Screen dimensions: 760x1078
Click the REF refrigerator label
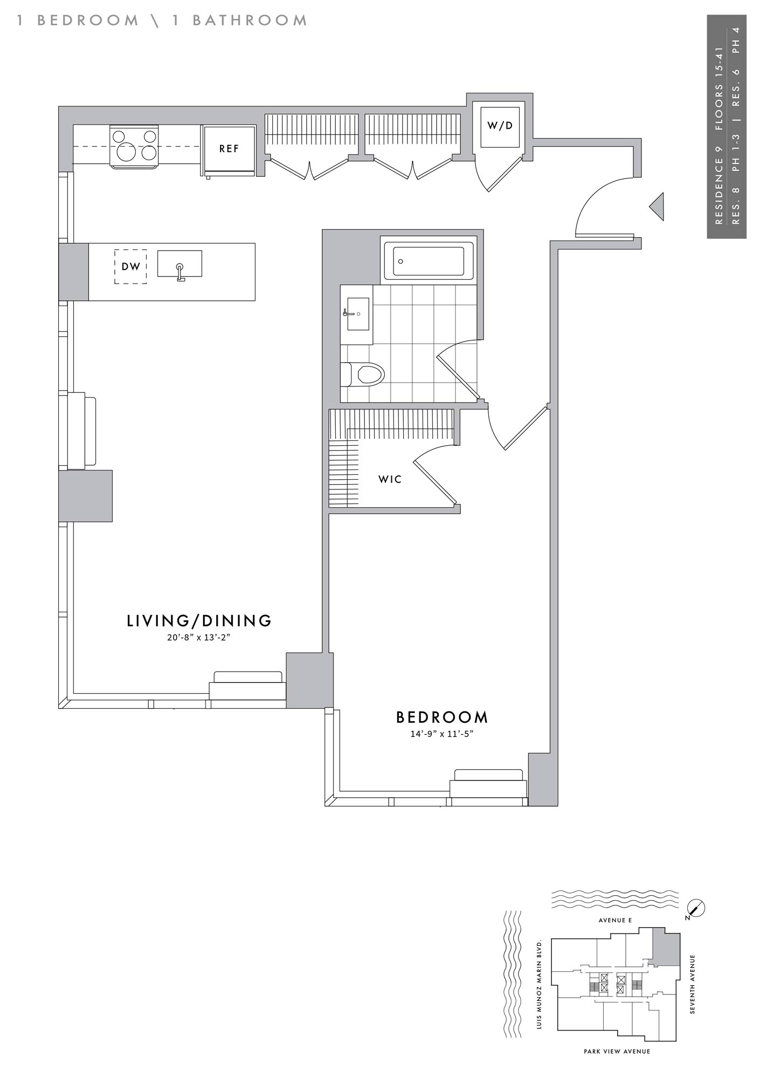point(229,149)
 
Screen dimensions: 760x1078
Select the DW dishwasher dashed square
point(130,266)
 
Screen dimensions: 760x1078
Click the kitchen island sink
point(179,265)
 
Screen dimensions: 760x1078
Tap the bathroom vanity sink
point(357,313)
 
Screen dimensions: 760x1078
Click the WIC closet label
point(390,479)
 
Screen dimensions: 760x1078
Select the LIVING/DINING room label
point(199,621)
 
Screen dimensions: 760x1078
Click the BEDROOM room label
point(442,717)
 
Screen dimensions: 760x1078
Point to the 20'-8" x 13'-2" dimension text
point(199,638)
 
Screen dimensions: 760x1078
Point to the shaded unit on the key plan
point(666,947)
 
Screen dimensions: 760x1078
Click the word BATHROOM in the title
point(250,20)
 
